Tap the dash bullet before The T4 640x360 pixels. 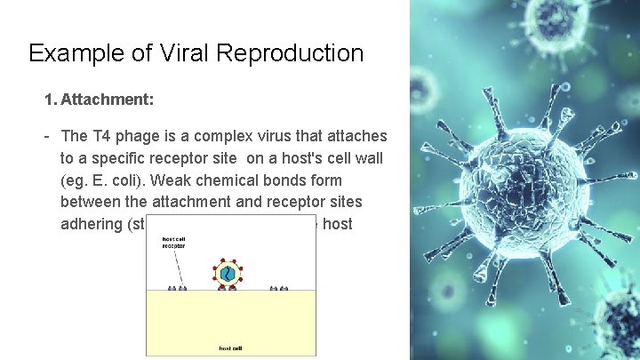pyautogui.click(x=45, y=136)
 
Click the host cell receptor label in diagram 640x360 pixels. pyautogui.click(x=173, y=241)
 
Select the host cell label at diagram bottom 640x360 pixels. pyautogui.click(x=230, y=348)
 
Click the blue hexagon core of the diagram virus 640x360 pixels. pyautogui.click(x=230, y=274)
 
